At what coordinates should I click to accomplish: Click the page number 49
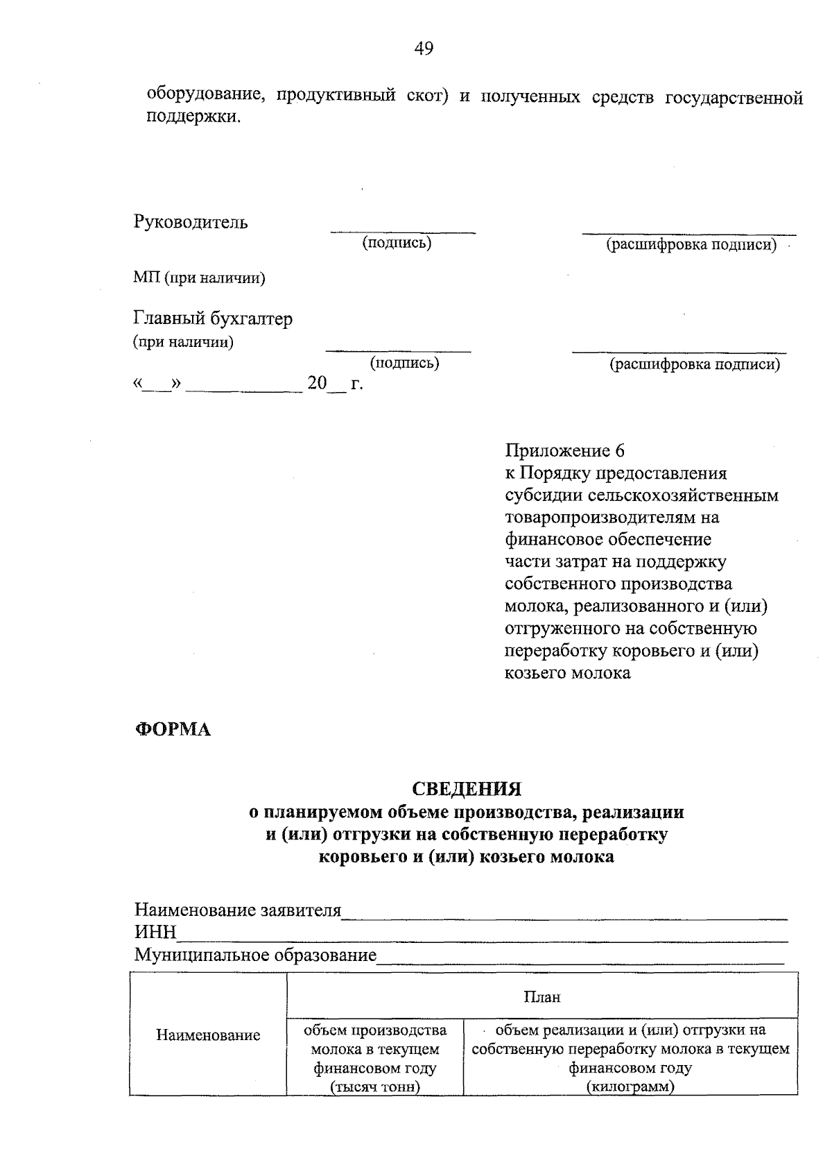(x=424, y=48)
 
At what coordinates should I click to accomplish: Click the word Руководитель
(x=190, y=223)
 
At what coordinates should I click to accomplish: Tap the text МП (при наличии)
(x=199, y=278)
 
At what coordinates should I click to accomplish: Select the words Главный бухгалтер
(x=213, y=318)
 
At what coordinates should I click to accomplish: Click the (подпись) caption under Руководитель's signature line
(x=397, y=243)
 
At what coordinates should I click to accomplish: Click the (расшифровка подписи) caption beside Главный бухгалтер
(x=694, y=364)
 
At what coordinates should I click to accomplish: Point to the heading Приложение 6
(x=564, y=451)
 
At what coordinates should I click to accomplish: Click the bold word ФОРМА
(x=172, y=730)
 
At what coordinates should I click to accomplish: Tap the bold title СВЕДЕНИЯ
(x=466, y=789)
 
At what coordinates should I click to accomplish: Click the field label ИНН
(x=155, y=932)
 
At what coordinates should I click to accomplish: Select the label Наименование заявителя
(x=237, y=910)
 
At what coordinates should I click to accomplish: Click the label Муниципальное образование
(x=254, y=955)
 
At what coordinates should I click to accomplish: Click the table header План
(x=541, y=997)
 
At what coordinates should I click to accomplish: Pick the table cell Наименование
(x=208, y=1035)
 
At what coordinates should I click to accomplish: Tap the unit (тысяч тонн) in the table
(x=375, y=1087)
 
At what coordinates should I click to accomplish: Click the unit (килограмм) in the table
(x=630, y=1087)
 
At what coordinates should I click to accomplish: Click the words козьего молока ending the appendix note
(x=567, y=673)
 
